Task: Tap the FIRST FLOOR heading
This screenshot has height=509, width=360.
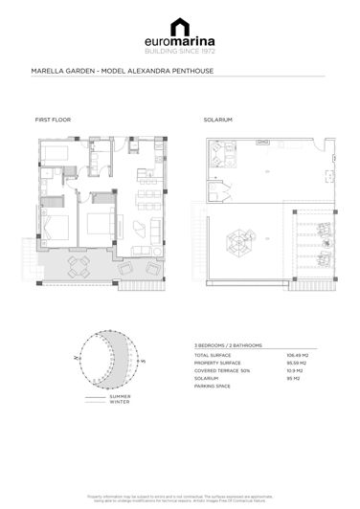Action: click(53, 121)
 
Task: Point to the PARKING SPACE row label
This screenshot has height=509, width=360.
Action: click(212, 386)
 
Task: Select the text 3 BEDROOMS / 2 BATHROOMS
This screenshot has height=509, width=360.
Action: click(228, 344)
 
